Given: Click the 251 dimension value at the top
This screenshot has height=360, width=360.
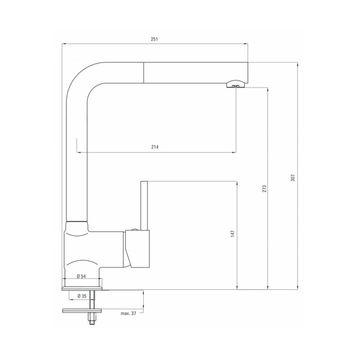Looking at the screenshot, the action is pyautogui.click(x=154, y=39).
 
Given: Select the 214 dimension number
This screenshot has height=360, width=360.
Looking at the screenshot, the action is pyautogui.click(x=155, y=147).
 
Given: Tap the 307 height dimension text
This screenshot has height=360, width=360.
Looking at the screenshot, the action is pyautogui.click(x=293, y=178).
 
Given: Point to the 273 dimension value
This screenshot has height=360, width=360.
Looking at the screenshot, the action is pyautogui.click(x=265, y=189).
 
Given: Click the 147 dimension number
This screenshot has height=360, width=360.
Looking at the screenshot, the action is pyautogui.click(x=233, y=234).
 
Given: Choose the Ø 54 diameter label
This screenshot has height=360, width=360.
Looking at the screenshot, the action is pyautogui.click(x=81, y=276).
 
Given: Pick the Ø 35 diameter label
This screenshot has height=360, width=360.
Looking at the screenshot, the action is pyautogui.click(x=82, y=296).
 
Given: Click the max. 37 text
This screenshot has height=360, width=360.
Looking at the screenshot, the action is pyautogui.click(x=128, y=313).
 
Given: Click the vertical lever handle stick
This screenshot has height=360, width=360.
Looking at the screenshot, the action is pyautogui.click(x=144, y=206).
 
